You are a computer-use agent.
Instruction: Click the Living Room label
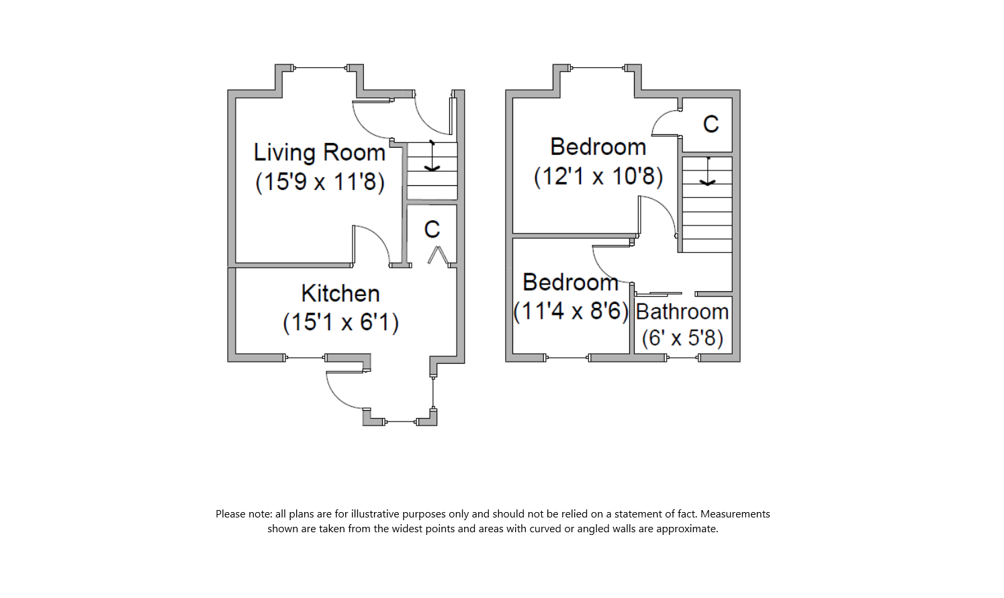[319, 153]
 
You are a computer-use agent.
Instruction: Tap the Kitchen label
[340, 293]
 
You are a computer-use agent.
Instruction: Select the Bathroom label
[682, 311]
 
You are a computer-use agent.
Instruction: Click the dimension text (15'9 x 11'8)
[320, 181]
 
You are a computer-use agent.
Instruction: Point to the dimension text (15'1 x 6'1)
[340, 322]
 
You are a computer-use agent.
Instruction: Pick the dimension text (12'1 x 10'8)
[598, 176]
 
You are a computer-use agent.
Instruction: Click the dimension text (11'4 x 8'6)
[571, 311]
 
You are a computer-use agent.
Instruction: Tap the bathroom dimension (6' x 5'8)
[682, 338]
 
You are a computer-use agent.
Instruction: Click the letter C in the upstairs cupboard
[711, 124]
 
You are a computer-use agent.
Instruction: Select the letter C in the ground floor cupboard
[432, 230]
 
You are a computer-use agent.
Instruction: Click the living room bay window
[321, 68]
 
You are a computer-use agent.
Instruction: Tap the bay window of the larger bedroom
[597, 68]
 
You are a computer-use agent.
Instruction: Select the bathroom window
[683, 358]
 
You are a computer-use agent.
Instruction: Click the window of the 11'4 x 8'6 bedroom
[567, 358]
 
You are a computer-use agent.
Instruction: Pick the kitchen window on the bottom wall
[306, 358]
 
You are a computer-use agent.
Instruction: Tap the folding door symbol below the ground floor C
[437, 255]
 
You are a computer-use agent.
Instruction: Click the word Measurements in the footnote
[735, 514]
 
